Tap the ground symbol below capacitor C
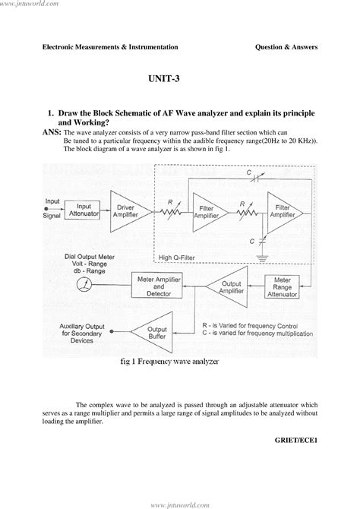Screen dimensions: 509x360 coord(262,257)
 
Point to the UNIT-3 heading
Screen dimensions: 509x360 coord(180,78)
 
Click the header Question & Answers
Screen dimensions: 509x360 coord(286,47)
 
